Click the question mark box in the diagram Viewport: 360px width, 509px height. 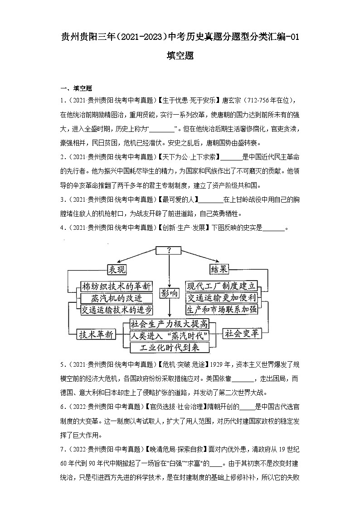tap(169, 250)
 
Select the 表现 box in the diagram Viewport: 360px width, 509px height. tap(117, 269)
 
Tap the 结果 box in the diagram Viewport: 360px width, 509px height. tap(219, 269)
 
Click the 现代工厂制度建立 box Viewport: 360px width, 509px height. tap(222, 286)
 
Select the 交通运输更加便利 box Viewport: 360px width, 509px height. tap(222, 298)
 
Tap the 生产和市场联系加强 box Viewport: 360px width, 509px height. tap(222, 310)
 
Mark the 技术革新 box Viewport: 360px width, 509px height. tap(96, 334)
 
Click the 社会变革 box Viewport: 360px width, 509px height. tap(243, 334)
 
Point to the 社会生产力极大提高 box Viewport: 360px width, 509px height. tap(169, 324)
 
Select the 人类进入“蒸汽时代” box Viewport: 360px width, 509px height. tap(169, 336)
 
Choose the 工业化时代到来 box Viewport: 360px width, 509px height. tap(169, 348)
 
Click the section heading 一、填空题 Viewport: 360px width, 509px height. tap(77, 88)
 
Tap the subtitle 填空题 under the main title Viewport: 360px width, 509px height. tap(180, 56)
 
